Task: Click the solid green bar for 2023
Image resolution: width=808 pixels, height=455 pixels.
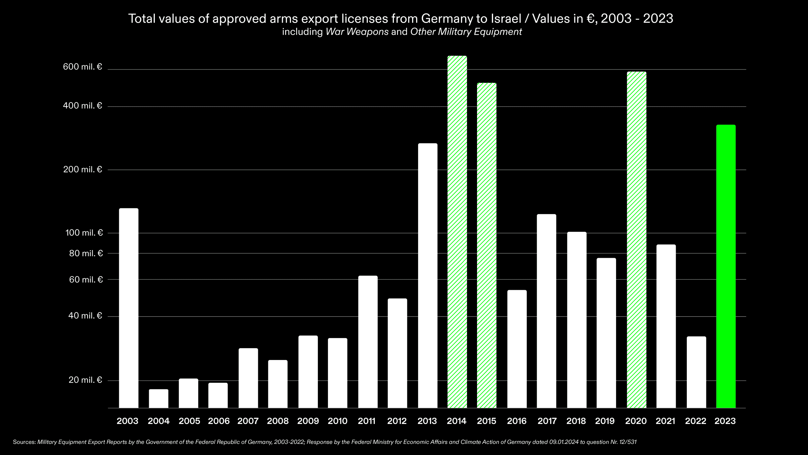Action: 726,266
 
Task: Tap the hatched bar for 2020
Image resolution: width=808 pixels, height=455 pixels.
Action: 636,239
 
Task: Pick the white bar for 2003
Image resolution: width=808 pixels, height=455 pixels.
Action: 129,308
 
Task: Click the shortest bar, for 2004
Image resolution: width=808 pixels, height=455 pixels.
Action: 159,398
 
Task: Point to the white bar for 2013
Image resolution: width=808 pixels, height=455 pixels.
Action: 428,276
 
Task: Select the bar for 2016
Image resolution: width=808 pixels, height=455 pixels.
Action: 517,349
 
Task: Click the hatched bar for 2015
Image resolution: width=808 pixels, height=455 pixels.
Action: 487,245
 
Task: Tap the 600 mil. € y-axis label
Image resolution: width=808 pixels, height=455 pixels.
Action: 82,67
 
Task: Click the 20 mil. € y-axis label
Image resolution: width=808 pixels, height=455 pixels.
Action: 85,380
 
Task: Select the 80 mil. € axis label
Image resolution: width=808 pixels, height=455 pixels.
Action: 86,253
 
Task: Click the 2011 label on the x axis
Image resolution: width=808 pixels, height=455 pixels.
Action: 367,421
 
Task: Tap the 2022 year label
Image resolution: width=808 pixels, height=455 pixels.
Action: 696,421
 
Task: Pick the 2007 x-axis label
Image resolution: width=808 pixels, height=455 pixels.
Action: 248,421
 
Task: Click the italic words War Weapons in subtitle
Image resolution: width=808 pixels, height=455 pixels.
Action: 357,32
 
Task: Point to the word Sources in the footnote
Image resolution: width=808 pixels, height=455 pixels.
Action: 24,442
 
